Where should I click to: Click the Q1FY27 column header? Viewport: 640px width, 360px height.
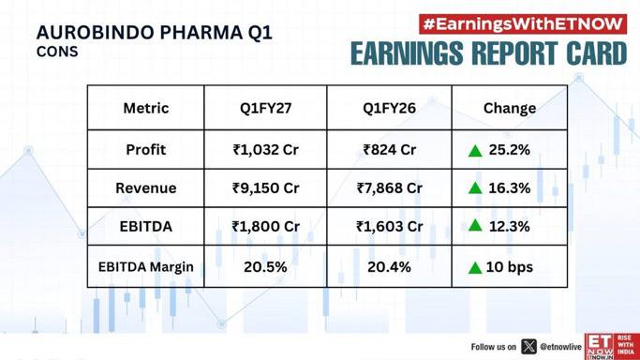tap(265, 108)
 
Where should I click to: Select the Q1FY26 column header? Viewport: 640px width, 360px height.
tap(389, 108)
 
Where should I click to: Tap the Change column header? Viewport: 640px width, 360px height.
tap(510, 108)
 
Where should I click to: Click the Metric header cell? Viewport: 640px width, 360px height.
tap(146, 108)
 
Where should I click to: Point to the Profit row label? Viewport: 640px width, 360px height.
tap(146, 150)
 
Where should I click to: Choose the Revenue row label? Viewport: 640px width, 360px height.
tap(146, 188)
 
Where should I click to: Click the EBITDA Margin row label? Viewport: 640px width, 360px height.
tap(146, 267)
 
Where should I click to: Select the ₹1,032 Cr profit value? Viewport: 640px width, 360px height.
tap(265, 150)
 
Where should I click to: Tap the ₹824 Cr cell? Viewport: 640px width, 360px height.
tap(389, 150)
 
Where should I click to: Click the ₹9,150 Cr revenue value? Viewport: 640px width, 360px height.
tap(265, 188)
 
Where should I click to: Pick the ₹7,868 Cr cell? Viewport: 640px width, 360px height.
tap(389, 188)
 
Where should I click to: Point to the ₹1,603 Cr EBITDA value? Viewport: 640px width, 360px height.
tap(389, 227)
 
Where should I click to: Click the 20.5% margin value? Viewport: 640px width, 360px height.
tap(265, 267)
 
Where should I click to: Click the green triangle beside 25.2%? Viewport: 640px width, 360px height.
tap(475, 151)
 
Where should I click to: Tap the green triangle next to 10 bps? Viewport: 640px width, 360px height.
tap(475, 268)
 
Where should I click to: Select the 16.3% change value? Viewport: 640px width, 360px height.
tap(510, 188)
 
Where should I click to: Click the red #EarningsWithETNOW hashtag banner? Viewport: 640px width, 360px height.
tap(523, 24)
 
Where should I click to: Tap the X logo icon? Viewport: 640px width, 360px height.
tap(529, 347)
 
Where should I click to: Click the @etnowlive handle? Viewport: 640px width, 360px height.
tap(560, 347)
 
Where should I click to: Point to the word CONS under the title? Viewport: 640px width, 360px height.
tap(57, 52)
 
